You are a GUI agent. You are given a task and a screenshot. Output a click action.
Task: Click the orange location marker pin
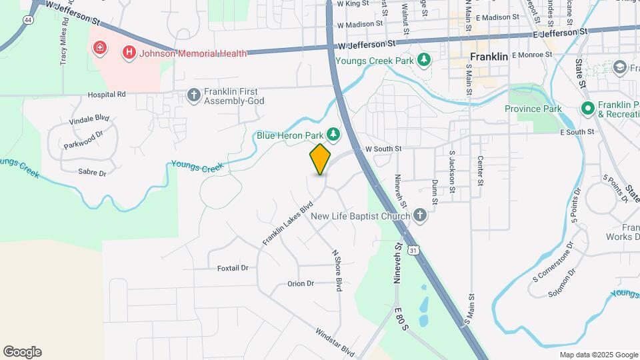[x=320, y=159]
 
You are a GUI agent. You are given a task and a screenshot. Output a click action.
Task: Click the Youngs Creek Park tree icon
[x=423, y=61]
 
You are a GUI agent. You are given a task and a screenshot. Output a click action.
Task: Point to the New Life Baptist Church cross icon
[x=419, y=215]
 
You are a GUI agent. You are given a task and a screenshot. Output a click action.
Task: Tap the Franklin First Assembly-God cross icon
[x=194, y=95]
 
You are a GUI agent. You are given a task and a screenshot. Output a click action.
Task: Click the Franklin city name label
[x=489, y=57]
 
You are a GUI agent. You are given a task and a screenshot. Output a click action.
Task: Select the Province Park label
[x=533, y=109]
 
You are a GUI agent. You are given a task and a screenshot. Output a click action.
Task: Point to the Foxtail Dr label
[x=233, y=268]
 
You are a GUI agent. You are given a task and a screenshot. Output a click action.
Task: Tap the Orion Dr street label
[x=300, y=283]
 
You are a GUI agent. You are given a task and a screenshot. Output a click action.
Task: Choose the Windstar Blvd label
[x=335, y=341]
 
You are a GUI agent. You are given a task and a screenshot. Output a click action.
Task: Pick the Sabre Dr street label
[x=93, y=173]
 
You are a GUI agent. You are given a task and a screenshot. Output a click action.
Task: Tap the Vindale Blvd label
[x=89, y=118]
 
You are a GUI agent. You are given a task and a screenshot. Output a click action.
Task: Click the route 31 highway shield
[x=415, y=250]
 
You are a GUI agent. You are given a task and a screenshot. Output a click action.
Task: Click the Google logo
[x=22, y=351]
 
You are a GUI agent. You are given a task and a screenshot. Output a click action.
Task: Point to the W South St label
[x=383, y=149]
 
